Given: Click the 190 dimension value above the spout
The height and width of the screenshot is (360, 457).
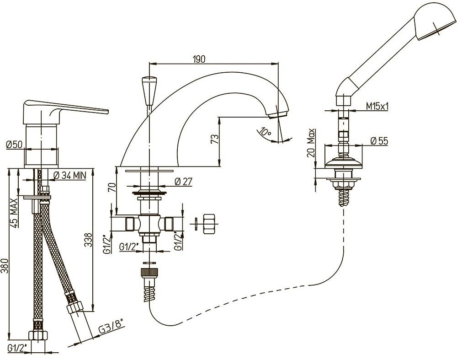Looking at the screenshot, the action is (x=199, y=59).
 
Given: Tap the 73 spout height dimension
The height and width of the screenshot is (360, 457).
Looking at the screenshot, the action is (x=214, y=139).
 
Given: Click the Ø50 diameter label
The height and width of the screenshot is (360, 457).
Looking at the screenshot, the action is (x=14, y=144).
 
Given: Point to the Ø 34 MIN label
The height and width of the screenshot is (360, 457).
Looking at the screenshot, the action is (x=70, y=175).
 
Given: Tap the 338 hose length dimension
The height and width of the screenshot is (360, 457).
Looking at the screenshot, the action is (x=88, y=240).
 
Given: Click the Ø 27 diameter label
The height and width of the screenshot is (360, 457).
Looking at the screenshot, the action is (x=184, y=182).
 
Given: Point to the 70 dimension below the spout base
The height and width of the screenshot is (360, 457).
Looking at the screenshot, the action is (x=112, y=187).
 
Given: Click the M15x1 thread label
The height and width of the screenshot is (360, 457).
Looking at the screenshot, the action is (x=377, y=107).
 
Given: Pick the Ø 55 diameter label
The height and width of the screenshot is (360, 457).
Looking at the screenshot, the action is (x=379, y=141).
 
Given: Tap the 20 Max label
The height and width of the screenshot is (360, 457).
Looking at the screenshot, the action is (x=311, y=143).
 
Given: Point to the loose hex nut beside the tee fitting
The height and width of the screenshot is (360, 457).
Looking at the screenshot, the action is (x=209, y=224).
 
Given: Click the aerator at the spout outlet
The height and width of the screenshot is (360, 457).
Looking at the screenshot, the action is (x=279, y=114).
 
